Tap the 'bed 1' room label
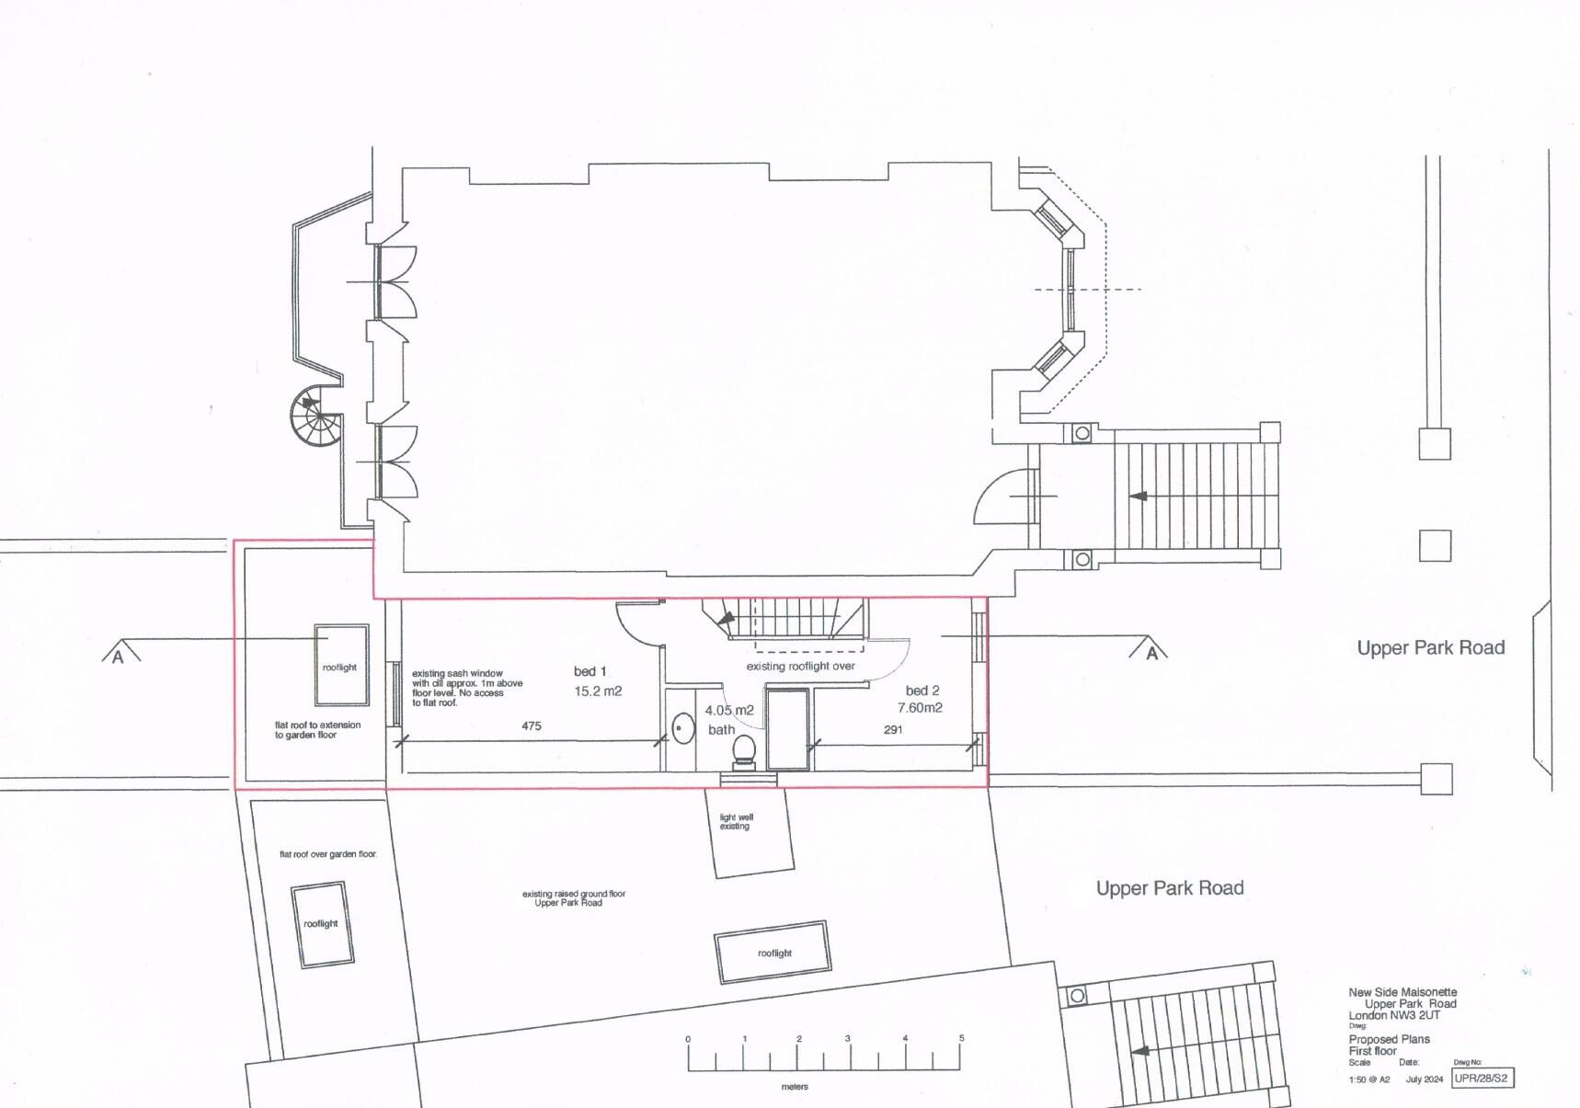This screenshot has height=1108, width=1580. (x=590, y=671)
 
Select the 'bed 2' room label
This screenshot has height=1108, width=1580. (x=922, y=691)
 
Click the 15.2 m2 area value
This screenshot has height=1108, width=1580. (x=598, y=691)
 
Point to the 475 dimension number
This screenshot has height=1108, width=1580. (x=532, y=726)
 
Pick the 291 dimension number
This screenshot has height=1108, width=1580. (x=893, y=730)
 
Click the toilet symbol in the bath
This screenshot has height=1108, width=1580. (x=743, y=751)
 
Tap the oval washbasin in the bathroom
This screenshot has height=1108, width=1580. (x=682, y=729)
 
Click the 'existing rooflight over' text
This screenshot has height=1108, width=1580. (x=800, y=667)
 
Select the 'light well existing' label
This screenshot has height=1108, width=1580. (x=736, y=822)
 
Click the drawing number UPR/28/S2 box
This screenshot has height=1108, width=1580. (x=1482, y=1078)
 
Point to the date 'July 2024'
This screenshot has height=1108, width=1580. (x=1424, y=1079)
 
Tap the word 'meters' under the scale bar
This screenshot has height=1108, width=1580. (x=795, y=1087)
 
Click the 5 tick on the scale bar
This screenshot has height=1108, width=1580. (x=962, y=1039)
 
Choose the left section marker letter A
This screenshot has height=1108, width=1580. (x=118, y=657)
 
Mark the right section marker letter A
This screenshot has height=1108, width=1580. (x=1151, y=654)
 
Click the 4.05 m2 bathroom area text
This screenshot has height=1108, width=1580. (x=729, y=711)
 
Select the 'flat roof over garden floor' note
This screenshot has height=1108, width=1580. (x=328, y=855)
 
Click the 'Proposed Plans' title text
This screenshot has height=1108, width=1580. (x=1389, y=1039)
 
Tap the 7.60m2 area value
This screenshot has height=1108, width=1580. (x=920, y=708)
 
